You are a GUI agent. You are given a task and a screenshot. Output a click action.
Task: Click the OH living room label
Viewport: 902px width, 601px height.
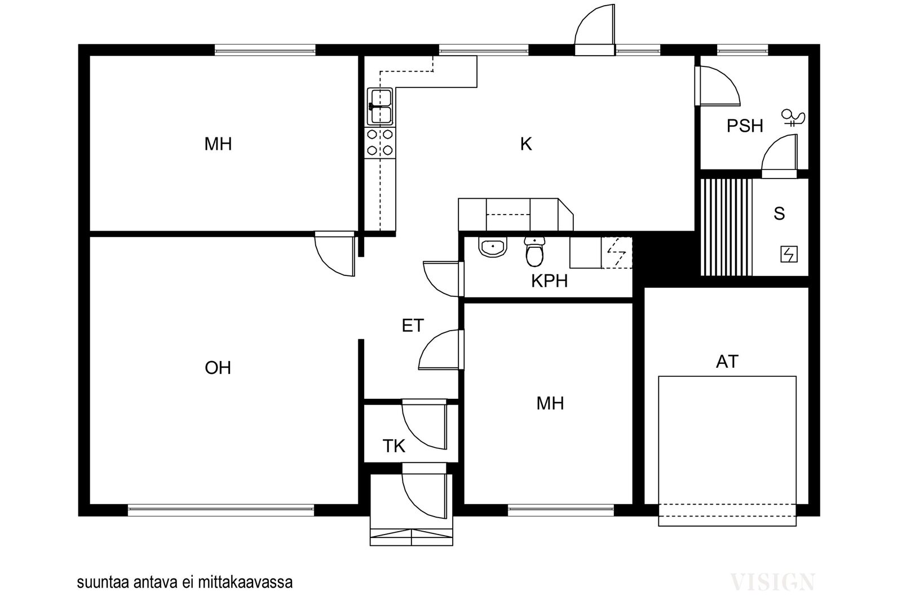pos(218,368)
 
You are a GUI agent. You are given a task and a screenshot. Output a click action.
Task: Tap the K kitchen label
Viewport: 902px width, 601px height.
pos(526,144)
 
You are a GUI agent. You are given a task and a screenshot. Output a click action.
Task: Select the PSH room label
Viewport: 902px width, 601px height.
pos(745,126)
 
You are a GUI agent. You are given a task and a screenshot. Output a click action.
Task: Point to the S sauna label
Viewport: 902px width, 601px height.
pos(779,213)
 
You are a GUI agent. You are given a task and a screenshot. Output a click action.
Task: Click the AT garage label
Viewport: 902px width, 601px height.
pos(727,362)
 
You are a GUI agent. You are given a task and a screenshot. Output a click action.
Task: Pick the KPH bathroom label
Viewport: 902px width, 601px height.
pos(549,281)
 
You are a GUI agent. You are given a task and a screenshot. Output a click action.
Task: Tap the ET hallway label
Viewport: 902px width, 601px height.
pos(413,326)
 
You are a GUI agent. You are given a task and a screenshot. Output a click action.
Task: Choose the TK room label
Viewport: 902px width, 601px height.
pos(393,446)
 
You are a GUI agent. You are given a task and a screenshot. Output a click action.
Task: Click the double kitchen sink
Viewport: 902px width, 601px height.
pos(380,106)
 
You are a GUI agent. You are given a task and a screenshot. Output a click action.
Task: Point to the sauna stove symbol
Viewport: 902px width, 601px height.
pos(789,254)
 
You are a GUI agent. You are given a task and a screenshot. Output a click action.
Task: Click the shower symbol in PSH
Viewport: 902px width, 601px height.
pos(793,118)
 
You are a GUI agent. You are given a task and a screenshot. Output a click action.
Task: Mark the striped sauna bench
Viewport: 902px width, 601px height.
pos(727,228)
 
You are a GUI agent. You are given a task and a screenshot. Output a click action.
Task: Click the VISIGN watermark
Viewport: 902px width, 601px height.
pos(772,582)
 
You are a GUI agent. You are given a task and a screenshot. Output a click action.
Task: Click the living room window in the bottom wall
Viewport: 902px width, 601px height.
pos(220,510)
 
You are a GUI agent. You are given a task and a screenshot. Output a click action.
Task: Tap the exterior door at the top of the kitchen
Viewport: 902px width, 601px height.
pos(595,30)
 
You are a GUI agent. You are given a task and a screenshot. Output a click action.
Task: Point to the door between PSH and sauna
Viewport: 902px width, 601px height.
pos(779,156)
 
